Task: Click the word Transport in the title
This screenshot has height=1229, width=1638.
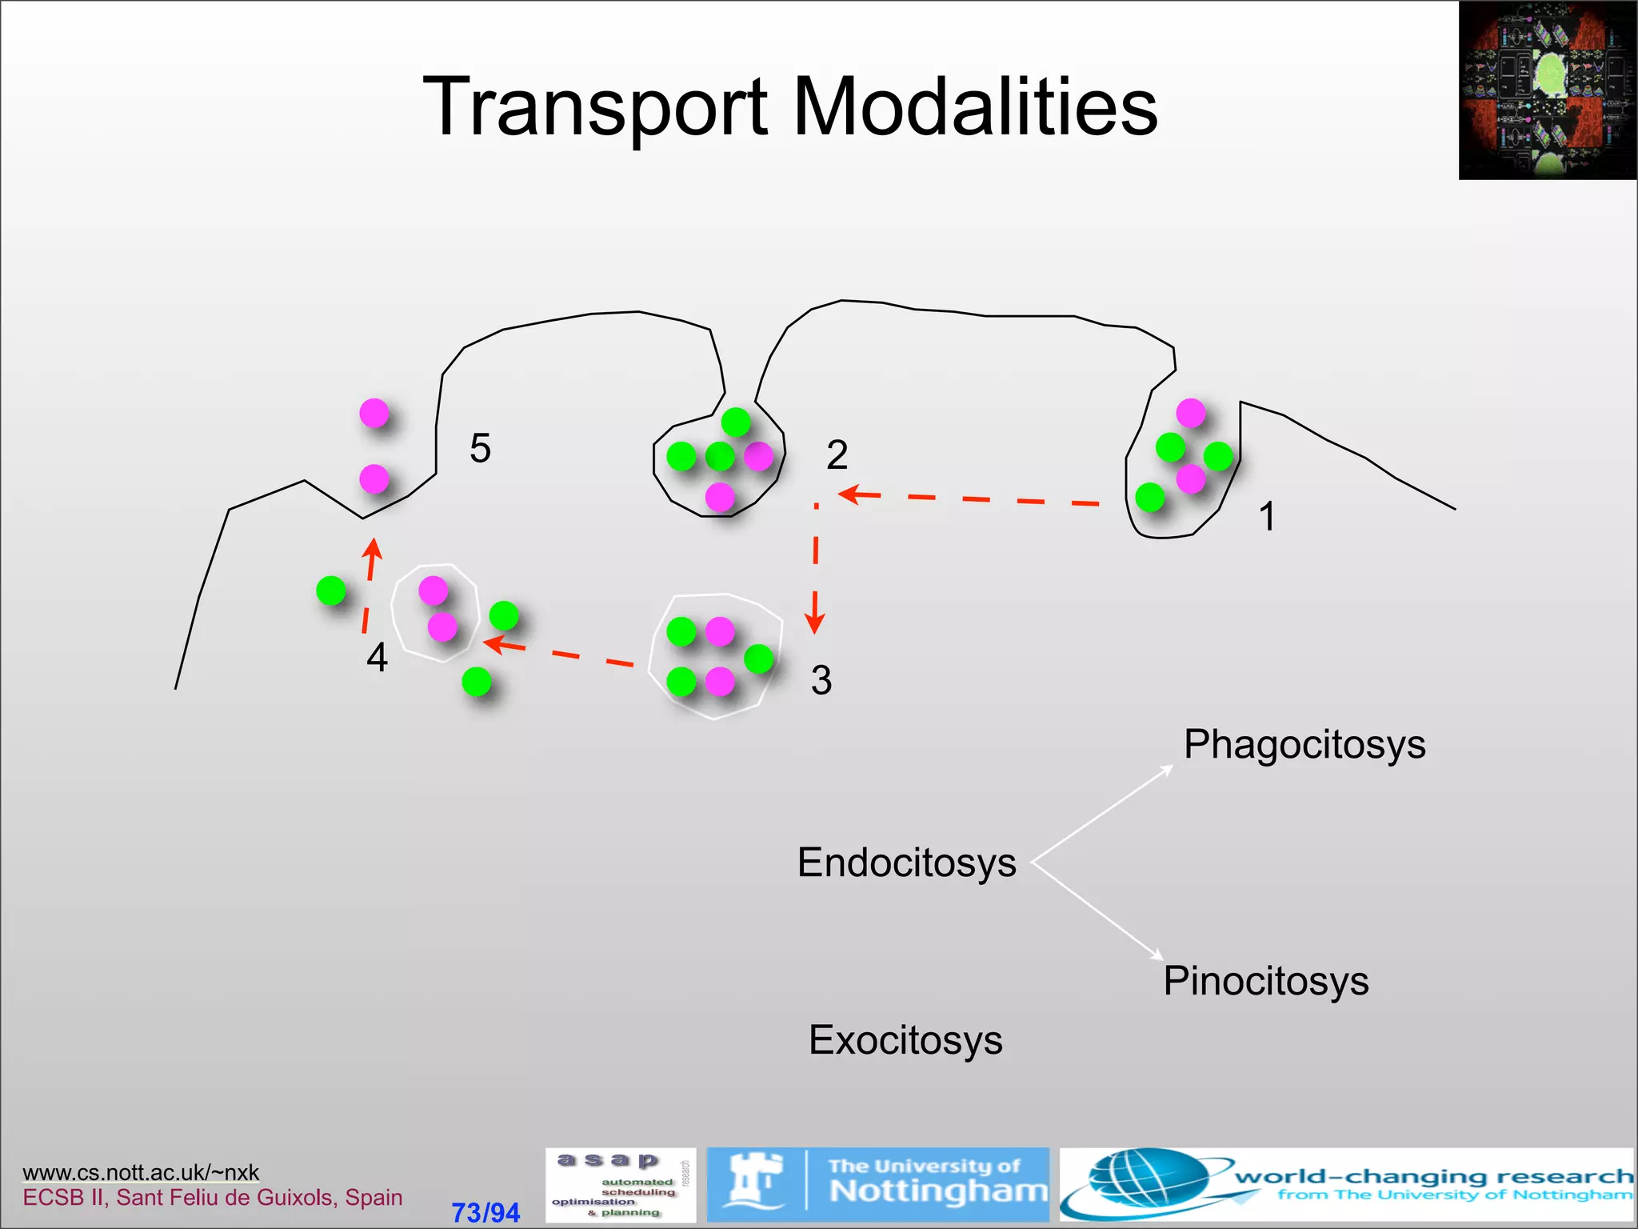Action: click(x=595, y=107)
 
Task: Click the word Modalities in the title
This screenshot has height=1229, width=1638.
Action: click(x=975, y=107)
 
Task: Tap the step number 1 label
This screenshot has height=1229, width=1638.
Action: click(x=1267, y=516)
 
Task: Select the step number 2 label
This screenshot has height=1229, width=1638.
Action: click(x=837, y=455)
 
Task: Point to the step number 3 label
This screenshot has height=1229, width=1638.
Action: click(x=821, y=680)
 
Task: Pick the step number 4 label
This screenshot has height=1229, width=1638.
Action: click(x=377, y=658)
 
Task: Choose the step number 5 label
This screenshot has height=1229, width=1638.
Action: click(x=480, y=448)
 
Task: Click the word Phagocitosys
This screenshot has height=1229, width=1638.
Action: click(x=1304, y=744)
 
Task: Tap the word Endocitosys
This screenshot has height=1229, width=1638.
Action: click(x=906, y=863)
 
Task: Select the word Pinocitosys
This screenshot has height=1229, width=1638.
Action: click(x=1266, y=981)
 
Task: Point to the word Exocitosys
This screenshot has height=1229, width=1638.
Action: click(x=905, y=1040)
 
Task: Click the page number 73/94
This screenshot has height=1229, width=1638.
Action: click(x=485, y=1212)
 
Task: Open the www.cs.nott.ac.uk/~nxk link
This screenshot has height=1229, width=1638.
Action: click(x=141, y=1172)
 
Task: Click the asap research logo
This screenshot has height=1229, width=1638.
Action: click(x=620, y=1185)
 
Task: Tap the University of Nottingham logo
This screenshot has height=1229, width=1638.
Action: click(x=878, y=1185)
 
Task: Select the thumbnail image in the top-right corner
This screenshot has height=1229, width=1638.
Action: click(x=1547, y=90)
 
